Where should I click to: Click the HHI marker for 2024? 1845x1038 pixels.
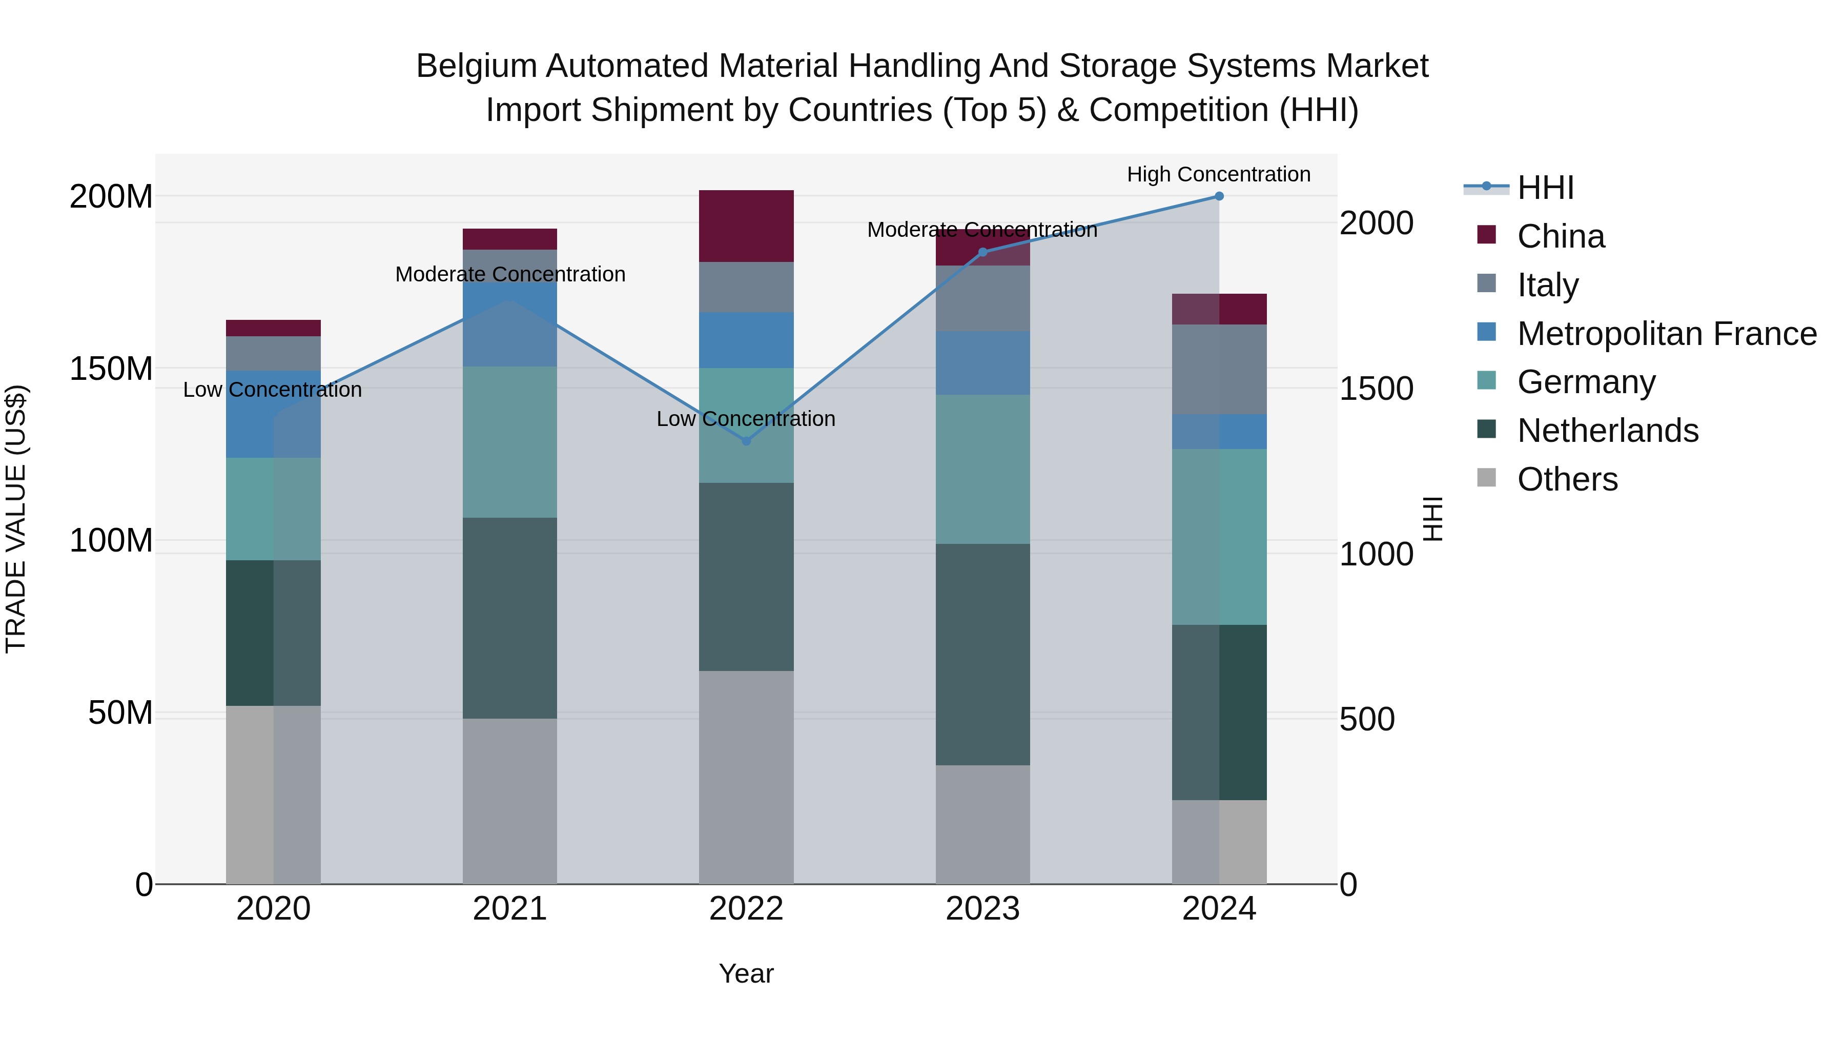tap(1219, 196)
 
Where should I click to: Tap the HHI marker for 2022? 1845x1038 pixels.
tap(746, 441)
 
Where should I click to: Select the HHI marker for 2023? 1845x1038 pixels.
tap(982, 252)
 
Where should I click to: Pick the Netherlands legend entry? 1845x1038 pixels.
tap(1607, 431)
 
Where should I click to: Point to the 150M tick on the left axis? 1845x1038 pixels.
tap(111, 370)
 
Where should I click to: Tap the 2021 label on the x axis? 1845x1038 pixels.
tap(509, 909)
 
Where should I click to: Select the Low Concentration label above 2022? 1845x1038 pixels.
tap(746, 419)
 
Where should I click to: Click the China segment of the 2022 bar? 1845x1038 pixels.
tap(746, 227)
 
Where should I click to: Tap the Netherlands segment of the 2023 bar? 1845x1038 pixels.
tap(982, 654)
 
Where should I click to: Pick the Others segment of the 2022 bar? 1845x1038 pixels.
tap(746, 777)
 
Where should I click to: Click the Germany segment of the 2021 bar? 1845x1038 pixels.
tap(509, 442)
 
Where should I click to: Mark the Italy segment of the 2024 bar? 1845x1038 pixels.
tap(1219, 370)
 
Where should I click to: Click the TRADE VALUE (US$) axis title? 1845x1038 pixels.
tap(16, 519)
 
